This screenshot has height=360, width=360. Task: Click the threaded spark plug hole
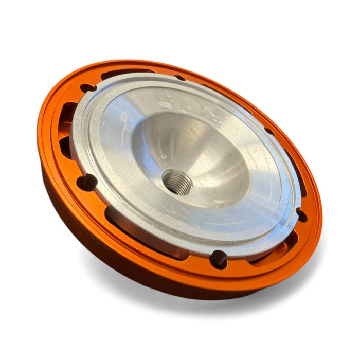click(177, 182)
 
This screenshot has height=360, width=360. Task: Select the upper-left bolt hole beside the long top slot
click(88, 88)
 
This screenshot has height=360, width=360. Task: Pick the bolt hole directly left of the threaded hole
click(86, 182)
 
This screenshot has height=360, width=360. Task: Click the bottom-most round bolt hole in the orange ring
click(219, 259)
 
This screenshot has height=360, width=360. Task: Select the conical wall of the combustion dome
click(206, 154)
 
